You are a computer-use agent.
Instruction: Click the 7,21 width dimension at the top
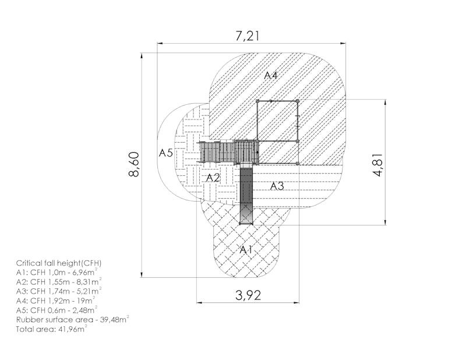click(x=248, y=36)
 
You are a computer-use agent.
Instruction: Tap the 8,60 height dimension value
click(x=135, y=164)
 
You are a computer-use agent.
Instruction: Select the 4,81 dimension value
click(x=378, y=165)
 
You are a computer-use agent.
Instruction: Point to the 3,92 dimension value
click(x=248, y=295)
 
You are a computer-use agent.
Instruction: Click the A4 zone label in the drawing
click(x=271, y=76)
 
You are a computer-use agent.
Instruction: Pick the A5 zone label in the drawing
click(x=165, y=153)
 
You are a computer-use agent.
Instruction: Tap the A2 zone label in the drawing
click(x=213, y=178)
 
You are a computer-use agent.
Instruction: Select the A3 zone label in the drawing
click(x=277, y=186)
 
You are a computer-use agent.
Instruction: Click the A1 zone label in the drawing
click(x=246, y=250)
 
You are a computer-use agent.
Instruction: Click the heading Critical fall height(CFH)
click(x=59, y=263)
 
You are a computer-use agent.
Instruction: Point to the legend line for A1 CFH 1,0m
click(x=57, y=272)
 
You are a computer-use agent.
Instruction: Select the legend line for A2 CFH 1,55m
click(x=59, y=281)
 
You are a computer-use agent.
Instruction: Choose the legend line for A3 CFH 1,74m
click(x=59, y=291)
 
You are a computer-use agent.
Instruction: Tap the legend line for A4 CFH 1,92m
click(x=56, y=300)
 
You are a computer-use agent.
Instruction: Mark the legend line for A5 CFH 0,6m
click(x=57, y=310)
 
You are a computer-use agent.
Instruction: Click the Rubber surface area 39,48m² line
click(x=72, y=320)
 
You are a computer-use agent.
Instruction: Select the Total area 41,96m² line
click(x=51, y=329)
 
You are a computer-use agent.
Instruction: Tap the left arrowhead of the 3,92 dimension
click(x=199, y=303)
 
